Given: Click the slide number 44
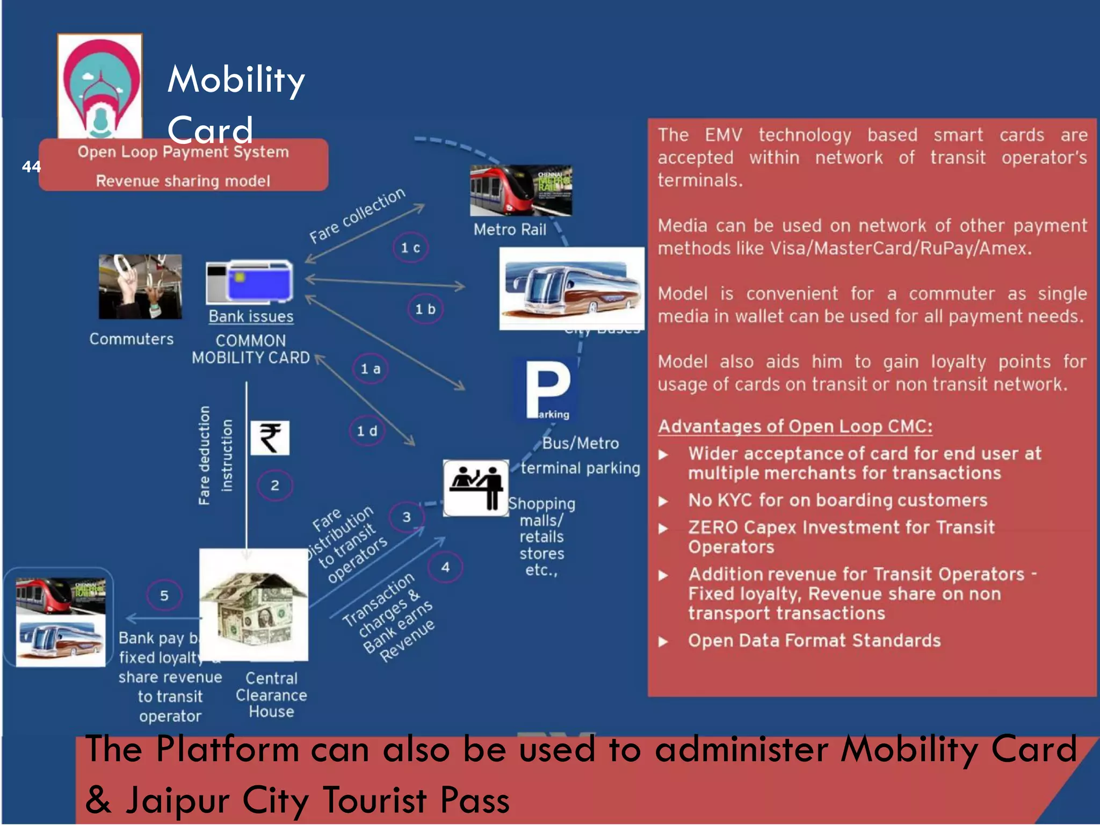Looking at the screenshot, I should pos(31,167).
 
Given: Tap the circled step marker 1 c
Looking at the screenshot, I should pos(410,248).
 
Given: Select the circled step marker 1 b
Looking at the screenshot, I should pos(425,309).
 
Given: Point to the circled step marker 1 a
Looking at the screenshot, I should pos(370,369).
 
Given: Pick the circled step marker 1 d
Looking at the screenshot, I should pos(367,431).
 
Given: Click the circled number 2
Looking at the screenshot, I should pos(274,486).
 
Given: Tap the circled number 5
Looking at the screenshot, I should pos(164,596).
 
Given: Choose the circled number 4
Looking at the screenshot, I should pos(445,567).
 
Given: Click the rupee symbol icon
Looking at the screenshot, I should pos(270,438).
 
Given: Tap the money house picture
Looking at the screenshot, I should pos(254,605).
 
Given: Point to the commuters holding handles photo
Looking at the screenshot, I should pos(140,287).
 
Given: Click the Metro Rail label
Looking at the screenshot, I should pos(510,230).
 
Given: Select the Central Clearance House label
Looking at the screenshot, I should pos(271,695).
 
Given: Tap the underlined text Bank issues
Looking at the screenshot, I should pos(251,316).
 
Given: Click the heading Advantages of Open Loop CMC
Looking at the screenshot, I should pos(795,426).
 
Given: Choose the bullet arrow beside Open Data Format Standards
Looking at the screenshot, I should pos(664,641).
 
